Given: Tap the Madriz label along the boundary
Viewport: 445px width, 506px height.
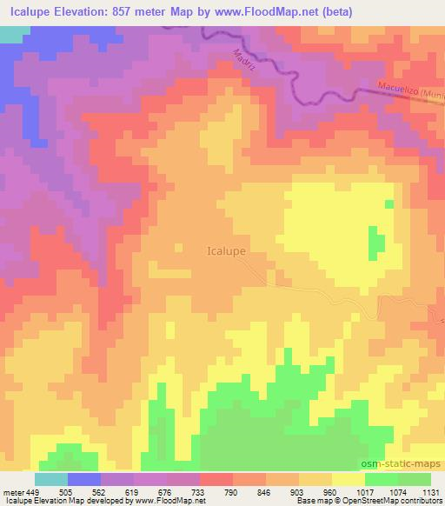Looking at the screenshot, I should click(x=246, y=64).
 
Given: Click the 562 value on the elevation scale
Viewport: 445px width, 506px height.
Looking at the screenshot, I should click(x=101, y=490).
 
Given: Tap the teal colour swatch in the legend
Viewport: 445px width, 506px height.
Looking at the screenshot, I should click(x=51, y=479).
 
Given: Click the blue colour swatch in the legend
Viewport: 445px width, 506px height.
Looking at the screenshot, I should click(x=84, y=479).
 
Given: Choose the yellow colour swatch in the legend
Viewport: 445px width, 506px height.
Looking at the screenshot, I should click(x=349, y=479).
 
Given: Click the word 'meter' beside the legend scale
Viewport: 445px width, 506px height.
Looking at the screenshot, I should click(x=12, y=490).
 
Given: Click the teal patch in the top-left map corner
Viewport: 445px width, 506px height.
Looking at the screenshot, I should click(x=10, y=34).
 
